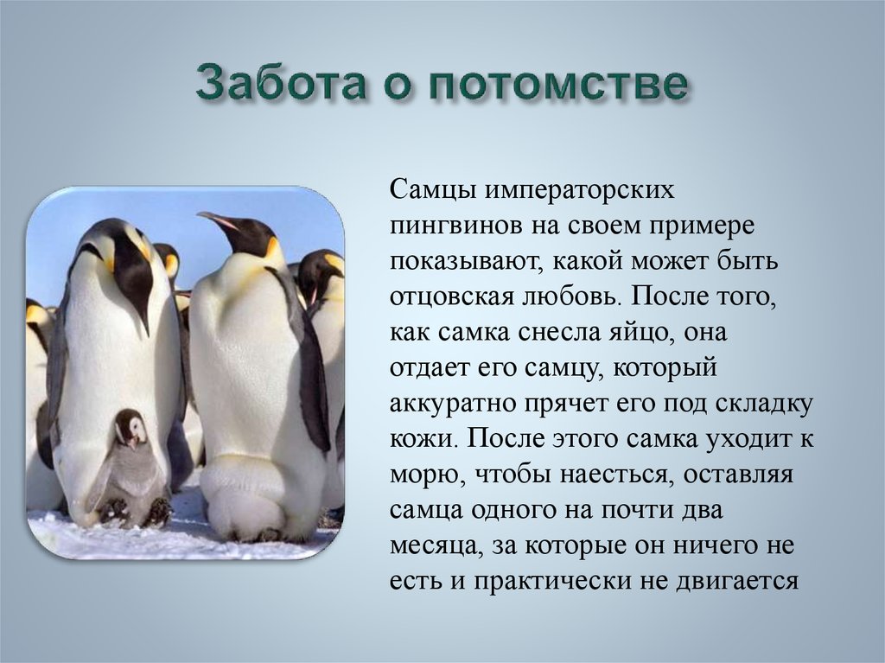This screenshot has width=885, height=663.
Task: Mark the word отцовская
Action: (x=449, y=298)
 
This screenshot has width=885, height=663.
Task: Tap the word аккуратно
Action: (x=453, y=405)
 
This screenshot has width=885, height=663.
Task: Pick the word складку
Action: (x=765, y=405)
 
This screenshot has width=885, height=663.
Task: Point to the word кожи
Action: (x=422, y=439)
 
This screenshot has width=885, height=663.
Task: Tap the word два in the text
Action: (x=700, y=510)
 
